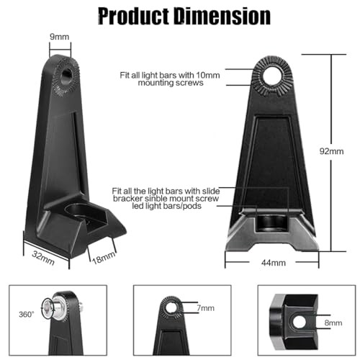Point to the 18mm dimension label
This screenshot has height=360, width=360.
(x=103, y=256)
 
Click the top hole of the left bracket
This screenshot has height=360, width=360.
(x=65, y=73)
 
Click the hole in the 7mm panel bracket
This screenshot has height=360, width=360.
(x=171, y=308)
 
